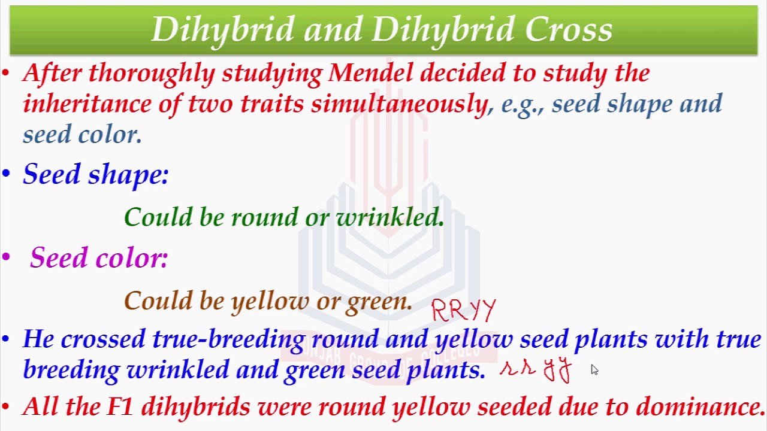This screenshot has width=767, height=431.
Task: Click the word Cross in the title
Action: pyautogui.click(x=569, y=29)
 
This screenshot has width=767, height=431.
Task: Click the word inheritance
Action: pyautogui.click(x=87, y=104)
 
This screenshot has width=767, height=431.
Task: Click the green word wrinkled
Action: pyautogui.click(x=390, y=217)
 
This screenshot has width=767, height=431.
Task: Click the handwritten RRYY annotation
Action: pyautogui.click(x=464, y=310)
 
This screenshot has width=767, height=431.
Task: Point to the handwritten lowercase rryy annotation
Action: pyautogui.click(x=536, y=370)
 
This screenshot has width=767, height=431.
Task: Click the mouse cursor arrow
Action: pyautogui.click(x=595, y=370)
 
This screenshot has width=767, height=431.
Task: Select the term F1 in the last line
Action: pyautogui.click(x=119, y=406)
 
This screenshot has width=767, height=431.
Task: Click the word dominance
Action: pyautogui.click(x=699, y=406)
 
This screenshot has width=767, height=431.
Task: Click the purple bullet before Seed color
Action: pyautogui.click(x=6, y=257)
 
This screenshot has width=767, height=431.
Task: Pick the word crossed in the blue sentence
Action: pyautogui.click(x=102, y=339)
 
